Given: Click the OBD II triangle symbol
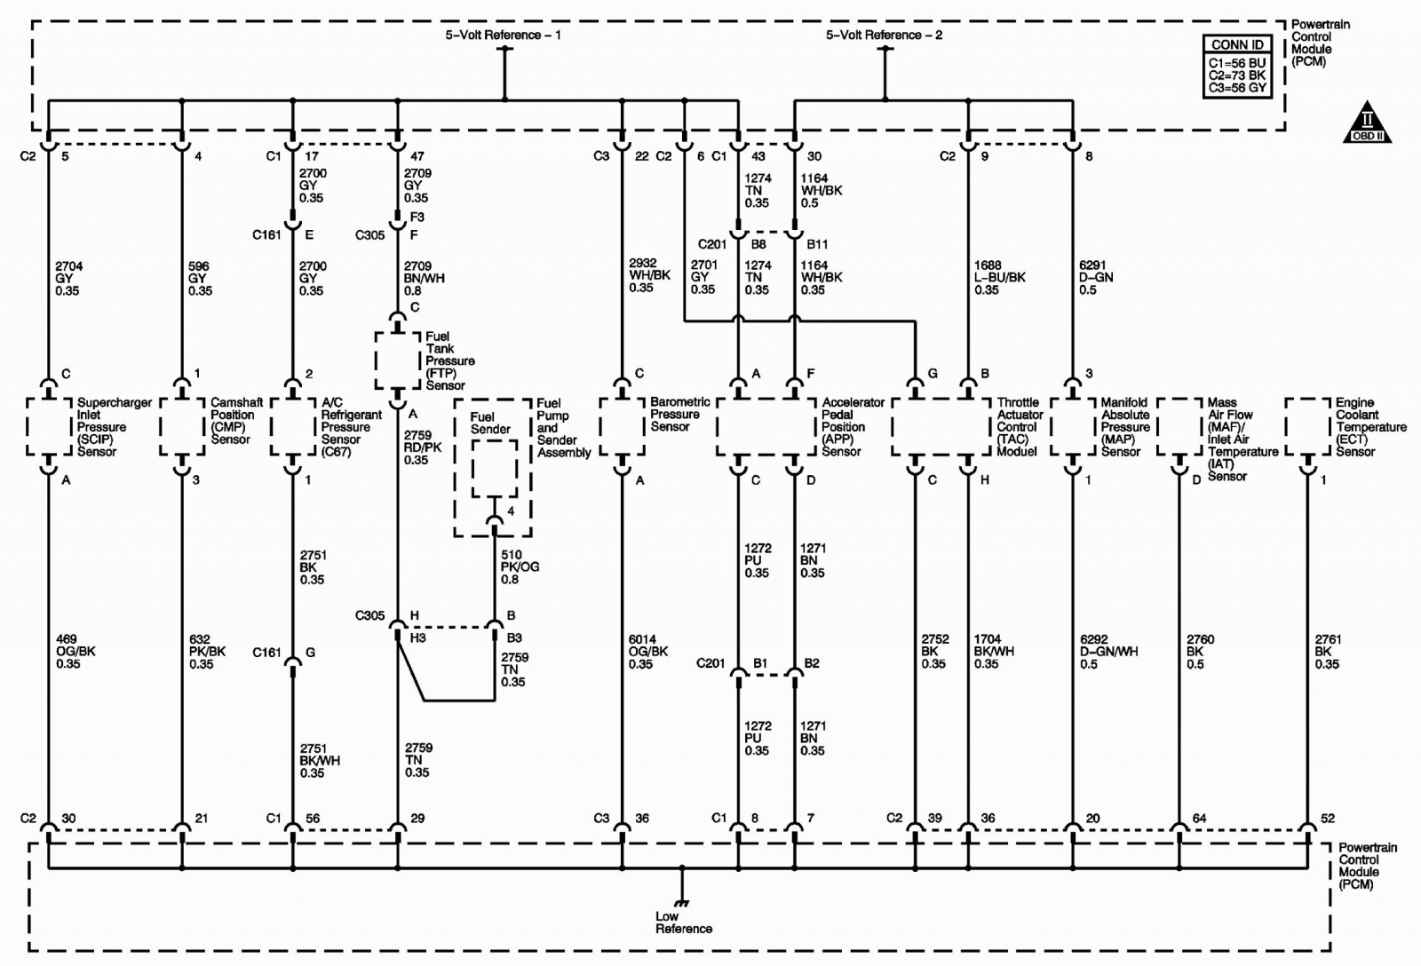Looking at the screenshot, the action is [x=1367, y=123].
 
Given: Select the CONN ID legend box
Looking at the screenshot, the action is [x=1237, y=67].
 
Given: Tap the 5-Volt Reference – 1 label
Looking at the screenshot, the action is [x=503, y=35].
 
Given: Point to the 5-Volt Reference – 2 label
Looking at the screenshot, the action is [x=884, y=35].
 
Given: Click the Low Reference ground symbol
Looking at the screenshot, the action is [x=682, y=903].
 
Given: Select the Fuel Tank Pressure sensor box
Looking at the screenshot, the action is [x=398, y=360].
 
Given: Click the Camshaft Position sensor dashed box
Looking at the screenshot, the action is [x=182, y=427].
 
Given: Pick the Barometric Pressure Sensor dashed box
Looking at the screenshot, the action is [x=623, y=427].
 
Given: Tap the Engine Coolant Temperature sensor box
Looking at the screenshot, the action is [x=1307, y=427].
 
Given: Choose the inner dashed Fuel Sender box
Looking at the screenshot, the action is [x=494, y=469].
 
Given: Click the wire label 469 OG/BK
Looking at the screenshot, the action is [x=68, y=652].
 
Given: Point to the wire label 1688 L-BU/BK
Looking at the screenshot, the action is [x=1000, y=277].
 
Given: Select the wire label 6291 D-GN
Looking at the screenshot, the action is [x=1096, y=277].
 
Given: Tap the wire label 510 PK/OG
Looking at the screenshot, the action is [x=520, y=566].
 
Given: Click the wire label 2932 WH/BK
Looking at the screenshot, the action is [x=649, y=275].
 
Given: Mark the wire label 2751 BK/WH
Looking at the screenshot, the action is [x=320, y=761].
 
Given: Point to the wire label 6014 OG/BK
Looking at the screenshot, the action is [x=649, y=652].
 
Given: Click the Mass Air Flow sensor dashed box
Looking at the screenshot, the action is [x=1180, y=427].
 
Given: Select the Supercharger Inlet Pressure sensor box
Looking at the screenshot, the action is [x=49, y=427].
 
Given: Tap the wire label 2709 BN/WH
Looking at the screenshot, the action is [x=424, y=278].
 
